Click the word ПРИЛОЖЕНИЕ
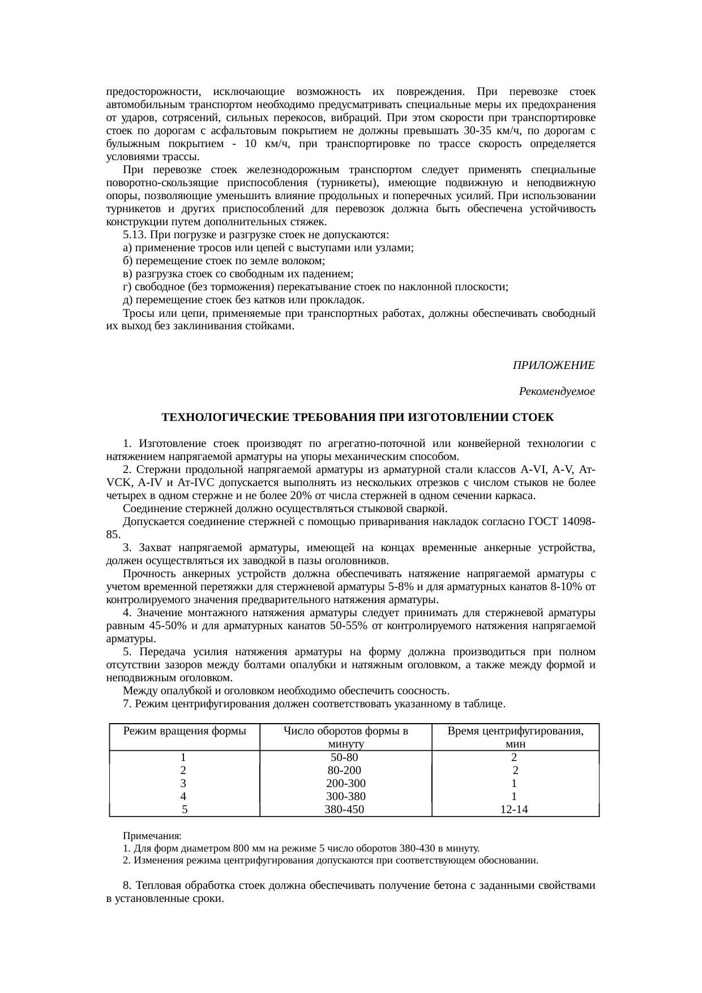pyautogui.click(x=553, y=366)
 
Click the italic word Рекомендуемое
pyautogui.click(x=557, y=392)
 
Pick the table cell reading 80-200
pyautogui.click(x=344, y=771)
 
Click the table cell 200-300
pyautogui.click(x=345, y=784)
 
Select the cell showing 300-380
pyautogui.click(x=345, y=797)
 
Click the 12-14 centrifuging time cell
pyautogui.click(x=514, y=810)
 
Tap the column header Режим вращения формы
pyautogui.click(x=185, y=731)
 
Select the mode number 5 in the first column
pyautogui.click(x=185, y=810)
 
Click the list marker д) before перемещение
pyautogui.click(x=127, y=300)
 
